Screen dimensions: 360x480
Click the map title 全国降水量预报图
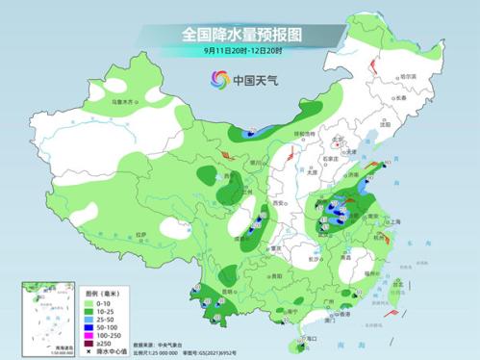click(241, 34)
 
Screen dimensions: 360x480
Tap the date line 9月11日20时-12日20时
click(240, 50)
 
